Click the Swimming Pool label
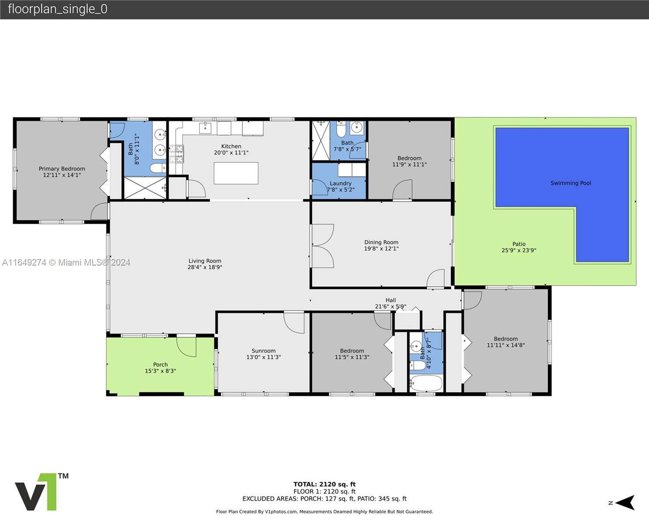(x=570, y=183)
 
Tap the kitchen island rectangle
(x=236, y=173)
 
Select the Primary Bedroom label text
(x=62, y=168)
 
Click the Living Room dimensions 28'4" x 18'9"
(x=205, y=267)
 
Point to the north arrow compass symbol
(x=625, y=503)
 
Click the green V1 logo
(x=42, y=492)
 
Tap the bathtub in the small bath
(x=426, y=383)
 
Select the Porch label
(x=161, y=364)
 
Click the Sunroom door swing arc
(x=294, y=323)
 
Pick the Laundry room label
(x=341, y=183)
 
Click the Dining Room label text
(x=381, y=242)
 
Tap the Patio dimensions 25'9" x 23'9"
(x=519, y=250)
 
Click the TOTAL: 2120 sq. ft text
(x=324, y=484)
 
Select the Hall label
(x=391, y=300)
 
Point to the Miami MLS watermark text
(x=66, y=262)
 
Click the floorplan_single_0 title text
(x=58, y=9)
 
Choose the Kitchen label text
(x=231, y=146)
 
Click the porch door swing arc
(x=186, y=347)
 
